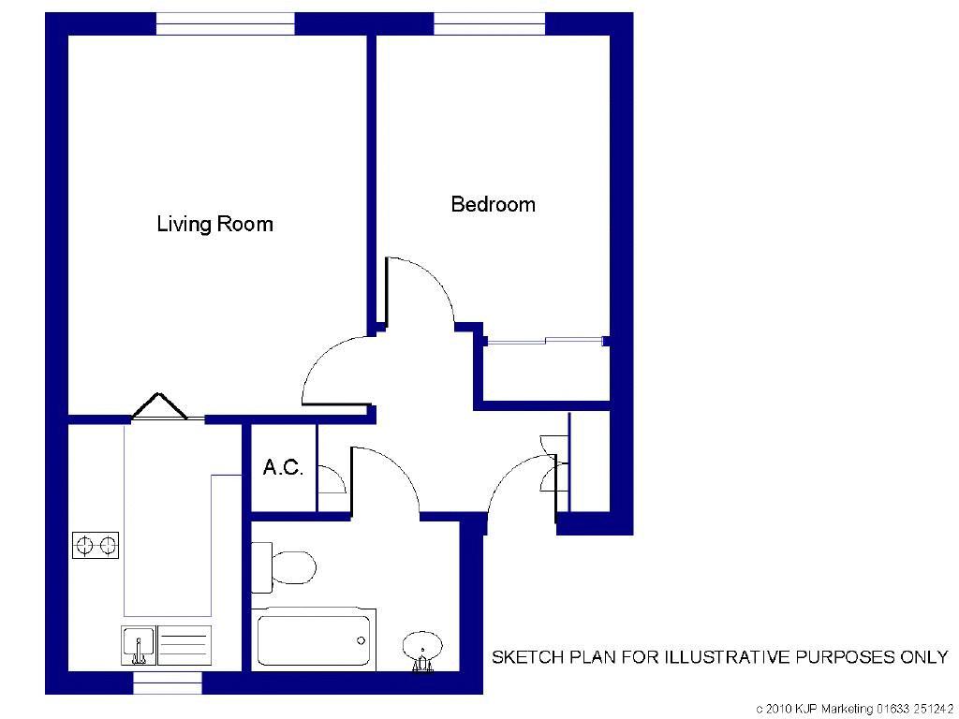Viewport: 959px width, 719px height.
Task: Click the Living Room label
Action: (214, 225)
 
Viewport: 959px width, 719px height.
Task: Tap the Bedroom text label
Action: (493, 204)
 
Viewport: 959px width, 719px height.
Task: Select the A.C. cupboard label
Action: (283, 468)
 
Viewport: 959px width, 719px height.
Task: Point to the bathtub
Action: (314, 639)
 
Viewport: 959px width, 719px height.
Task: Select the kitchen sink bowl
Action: (139, 645)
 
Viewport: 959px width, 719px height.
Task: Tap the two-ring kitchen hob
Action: (96, 544)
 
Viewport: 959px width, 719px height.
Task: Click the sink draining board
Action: (184, 645)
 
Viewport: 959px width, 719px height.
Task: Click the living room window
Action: (225, 24)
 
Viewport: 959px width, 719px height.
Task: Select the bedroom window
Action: (489, 24)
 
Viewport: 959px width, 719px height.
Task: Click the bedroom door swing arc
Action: (426, 286)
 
